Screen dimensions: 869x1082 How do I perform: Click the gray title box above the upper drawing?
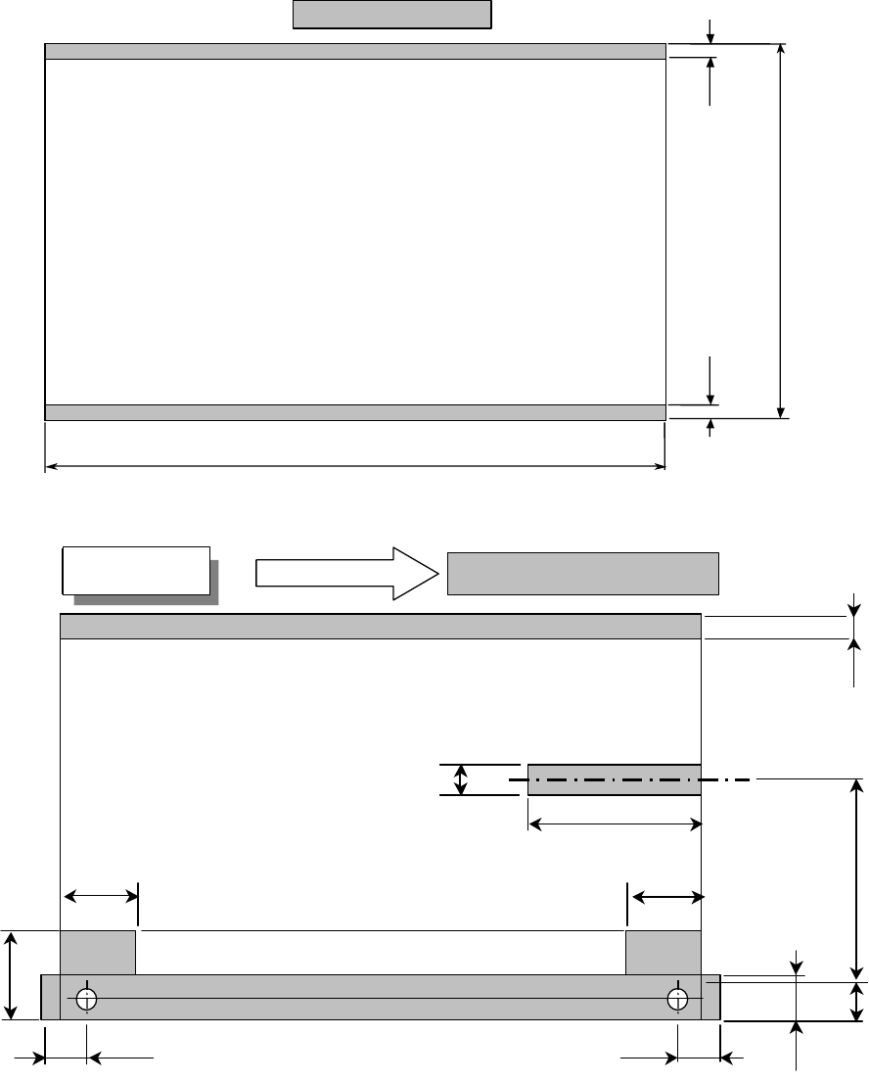click(x=391, y=16)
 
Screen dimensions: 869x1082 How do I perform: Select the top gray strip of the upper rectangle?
click(x=355, y=52)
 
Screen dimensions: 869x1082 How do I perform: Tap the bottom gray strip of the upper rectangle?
click(x=355, y=412)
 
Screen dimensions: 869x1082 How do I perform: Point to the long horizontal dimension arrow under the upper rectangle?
click(x=355, y=466)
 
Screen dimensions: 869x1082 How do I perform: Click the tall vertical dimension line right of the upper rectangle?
click(x=780, y=231)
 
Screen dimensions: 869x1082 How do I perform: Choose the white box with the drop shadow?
click(x=136, y=570)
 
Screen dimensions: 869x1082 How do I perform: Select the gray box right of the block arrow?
click(x=583, y=573)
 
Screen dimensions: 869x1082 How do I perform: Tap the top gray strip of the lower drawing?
click(x=381, y=627)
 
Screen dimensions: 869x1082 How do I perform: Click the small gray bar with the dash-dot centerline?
click(x=614, y=779)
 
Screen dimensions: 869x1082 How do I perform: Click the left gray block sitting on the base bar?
click(x=98, y=953)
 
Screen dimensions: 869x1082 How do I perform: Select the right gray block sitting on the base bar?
click(x=663, y=953)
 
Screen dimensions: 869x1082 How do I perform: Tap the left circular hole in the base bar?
click(x=87, y=999)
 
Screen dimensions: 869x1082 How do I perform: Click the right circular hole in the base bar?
click(x=677, y=999)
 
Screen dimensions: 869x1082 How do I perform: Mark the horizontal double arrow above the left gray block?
click(x=102, y=895)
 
